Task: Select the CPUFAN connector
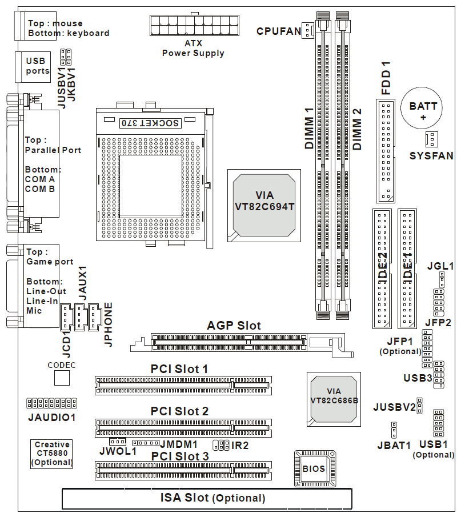[308, 30]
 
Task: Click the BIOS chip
[314, 468]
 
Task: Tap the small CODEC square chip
[62, 378]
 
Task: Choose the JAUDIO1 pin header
[51, 403]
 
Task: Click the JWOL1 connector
[118, 442]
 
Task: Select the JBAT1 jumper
[395, 429]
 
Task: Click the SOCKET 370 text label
[150, 123]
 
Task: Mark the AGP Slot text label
[234, 326]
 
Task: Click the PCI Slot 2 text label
[179, 411]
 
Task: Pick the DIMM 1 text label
[309, 129]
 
